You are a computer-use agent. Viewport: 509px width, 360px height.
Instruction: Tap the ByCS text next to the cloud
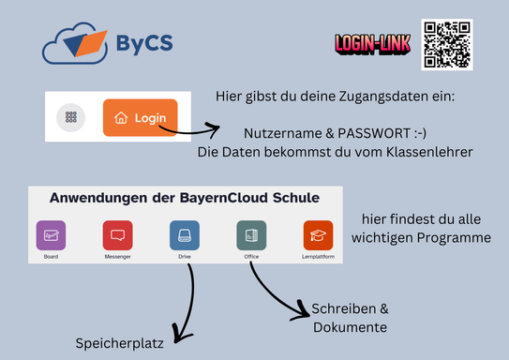pyautogui.click(x=144, y=44)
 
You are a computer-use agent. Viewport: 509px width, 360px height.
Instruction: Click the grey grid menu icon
pyautogui.click(x=71, y=118)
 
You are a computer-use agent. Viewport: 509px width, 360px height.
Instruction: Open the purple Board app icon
pyautogui.click(x=51, y=234)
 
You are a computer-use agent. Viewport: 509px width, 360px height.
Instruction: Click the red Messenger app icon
pyautogui.click(x=117, y=234)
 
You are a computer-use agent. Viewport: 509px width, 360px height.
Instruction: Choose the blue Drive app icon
pyautogui.click(x=185, y=234)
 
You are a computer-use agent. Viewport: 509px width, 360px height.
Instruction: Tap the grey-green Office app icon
pyautogui.click(x=251, y=234)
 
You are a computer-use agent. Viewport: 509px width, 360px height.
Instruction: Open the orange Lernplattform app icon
pyautogui.click(x=318, y=234)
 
